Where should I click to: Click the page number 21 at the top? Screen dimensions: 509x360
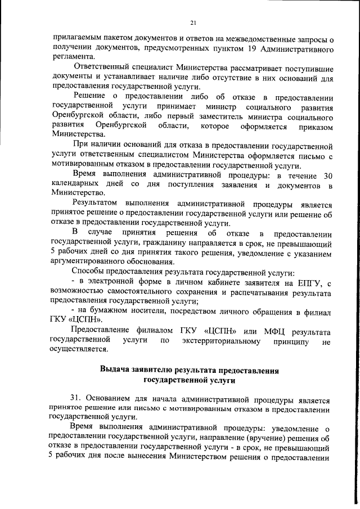click(193, 22)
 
